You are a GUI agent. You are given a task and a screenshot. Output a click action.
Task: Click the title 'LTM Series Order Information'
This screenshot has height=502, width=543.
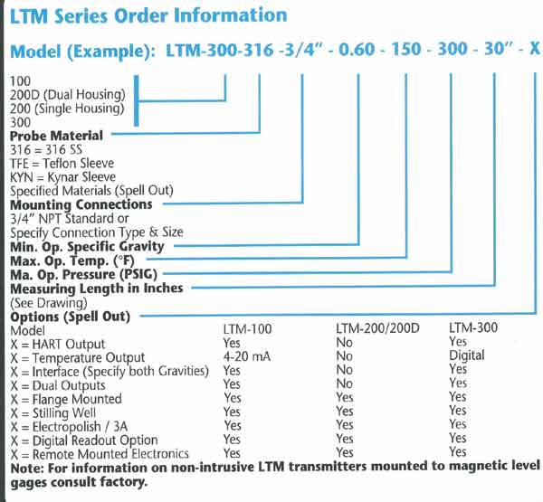pos(148,16)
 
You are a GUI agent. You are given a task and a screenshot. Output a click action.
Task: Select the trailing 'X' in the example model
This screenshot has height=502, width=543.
pos(535,49)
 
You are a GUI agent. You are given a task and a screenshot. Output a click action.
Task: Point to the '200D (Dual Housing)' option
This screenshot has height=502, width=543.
pos(68,94)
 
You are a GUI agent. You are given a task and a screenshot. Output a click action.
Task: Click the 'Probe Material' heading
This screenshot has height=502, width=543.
pos(56,136)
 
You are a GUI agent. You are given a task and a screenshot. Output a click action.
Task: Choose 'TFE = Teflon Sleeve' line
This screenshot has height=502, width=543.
pos(62,163)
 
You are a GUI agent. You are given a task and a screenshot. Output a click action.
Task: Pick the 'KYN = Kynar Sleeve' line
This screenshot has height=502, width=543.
pos(62,177)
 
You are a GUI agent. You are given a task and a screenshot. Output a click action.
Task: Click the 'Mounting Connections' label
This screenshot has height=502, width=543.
pos(81,204)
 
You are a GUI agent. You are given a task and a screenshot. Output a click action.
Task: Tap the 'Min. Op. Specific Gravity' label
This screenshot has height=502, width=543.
pos(87,247)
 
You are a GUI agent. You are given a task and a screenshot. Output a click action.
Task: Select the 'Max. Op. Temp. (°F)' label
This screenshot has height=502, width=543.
pos(72,260)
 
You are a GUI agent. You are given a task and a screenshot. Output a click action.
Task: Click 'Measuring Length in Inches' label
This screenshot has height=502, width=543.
pos(97,289)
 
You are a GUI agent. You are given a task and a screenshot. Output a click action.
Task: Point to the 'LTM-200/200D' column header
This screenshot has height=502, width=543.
pos(377,328)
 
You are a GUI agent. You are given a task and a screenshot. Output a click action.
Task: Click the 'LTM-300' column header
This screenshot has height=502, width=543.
pos(473,327)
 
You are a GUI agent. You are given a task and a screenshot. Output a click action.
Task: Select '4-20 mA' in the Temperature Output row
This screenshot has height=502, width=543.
pos(246,356)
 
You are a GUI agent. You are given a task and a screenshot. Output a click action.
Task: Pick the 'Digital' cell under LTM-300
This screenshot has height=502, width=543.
pos(466,355)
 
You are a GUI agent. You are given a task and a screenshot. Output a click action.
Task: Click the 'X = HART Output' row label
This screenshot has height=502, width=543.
pos(58,344)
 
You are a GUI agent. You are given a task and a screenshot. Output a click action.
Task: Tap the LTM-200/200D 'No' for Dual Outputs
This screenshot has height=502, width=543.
pos(344,384)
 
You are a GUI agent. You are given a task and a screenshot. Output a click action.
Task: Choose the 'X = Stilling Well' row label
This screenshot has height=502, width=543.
pos(53,413)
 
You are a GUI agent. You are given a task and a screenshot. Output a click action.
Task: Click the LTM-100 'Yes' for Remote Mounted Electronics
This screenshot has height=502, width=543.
pos(232,453)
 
